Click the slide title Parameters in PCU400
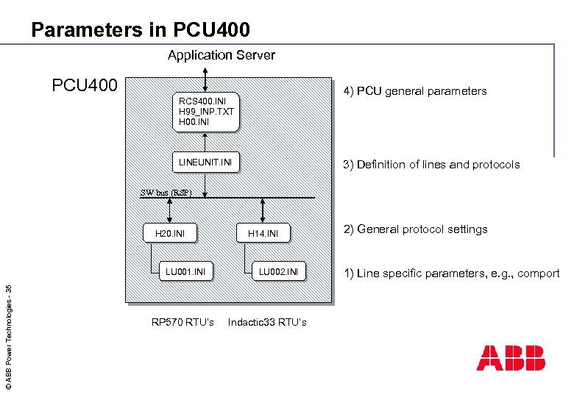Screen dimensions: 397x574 (141, 30)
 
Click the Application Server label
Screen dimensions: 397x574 (221, 55)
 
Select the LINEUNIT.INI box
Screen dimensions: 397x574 (205, 162)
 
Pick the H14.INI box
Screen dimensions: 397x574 (263, 234)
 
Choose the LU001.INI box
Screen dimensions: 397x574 (185, 272)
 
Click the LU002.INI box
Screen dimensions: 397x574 (278, 272)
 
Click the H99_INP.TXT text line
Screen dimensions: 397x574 (206, 111)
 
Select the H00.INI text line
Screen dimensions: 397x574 (194, 121)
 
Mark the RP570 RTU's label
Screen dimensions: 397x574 (183, 323)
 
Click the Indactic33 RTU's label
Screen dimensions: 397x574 (267, 323)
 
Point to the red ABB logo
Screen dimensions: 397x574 (511, 357)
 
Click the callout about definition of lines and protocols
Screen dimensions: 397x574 (431, 165)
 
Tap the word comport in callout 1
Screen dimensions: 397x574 (539, 273)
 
